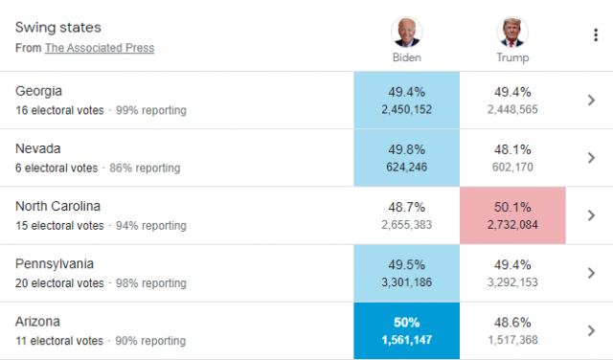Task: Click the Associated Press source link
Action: tap(100, 48)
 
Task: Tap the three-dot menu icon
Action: tap(596, 34)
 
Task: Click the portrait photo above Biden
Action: tap(406, 32)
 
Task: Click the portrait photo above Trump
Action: tap(512, 32)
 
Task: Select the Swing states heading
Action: tap(57, 28)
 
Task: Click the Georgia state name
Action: tap(38, 91)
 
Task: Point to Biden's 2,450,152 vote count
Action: tap(406, 109)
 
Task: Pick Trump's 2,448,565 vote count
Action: tap(512, 109)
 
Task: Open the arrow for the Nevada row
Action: tap(591, 158)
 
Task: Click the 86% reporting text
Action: tap(145, 169)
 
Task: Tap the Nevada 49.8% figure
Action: tap(406, 149)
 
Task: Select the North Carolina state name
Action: tap(57, 206)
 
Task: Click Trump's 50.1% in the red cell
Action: tap(512, 207)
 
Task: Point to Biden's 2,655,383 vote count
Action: tap(406, 225)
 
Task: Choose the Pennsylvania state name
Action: tap(55, 264)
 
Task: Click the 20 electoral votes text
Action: tap(59, 283)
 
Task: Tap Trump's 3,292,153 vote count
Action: tap(512, 282)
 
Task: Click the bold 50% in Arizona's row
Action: tap(406, 323)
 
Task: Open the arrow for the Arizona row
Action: tap(591, 330)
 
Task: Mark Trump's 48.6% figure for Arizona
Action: tap(512, 323)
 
